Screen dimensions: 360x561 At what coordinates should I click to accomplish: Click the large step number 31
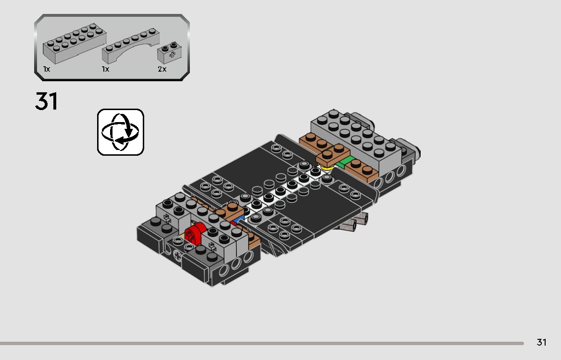46,101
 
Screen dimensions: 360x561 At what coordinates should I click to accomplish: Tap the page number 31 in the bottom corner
541,342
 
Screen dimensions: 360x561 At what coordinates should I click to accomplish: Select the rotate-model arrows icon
121,132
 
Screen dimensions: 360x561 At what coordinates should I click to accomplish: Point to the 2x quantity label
162,69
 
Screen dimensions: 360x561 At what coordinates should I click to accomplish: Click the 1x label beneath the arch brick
105,69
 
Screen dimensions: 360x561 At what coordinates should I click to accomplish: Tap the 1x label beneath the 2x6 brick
47,69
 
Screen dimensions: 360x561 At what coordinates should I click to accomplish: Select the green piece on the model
346,163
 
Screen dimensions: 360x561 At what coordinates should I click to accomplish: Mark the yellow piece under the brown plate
328,168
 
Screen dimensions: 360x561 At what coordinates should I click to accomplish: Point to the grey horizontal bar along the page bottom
262,343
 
